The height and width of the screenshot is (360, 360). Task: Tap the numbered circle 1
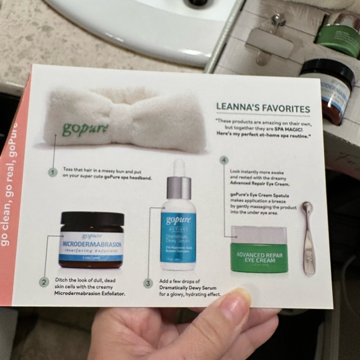click(x=53, y=171)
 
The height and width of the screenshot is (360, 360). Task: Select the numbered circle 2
click(x=44, y=282)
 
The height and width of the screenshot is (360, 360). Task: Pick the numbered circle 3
click(x=148, y=283)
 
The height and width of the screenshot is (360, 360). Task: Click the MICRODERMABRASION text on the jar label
click(x=92, y=244)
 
